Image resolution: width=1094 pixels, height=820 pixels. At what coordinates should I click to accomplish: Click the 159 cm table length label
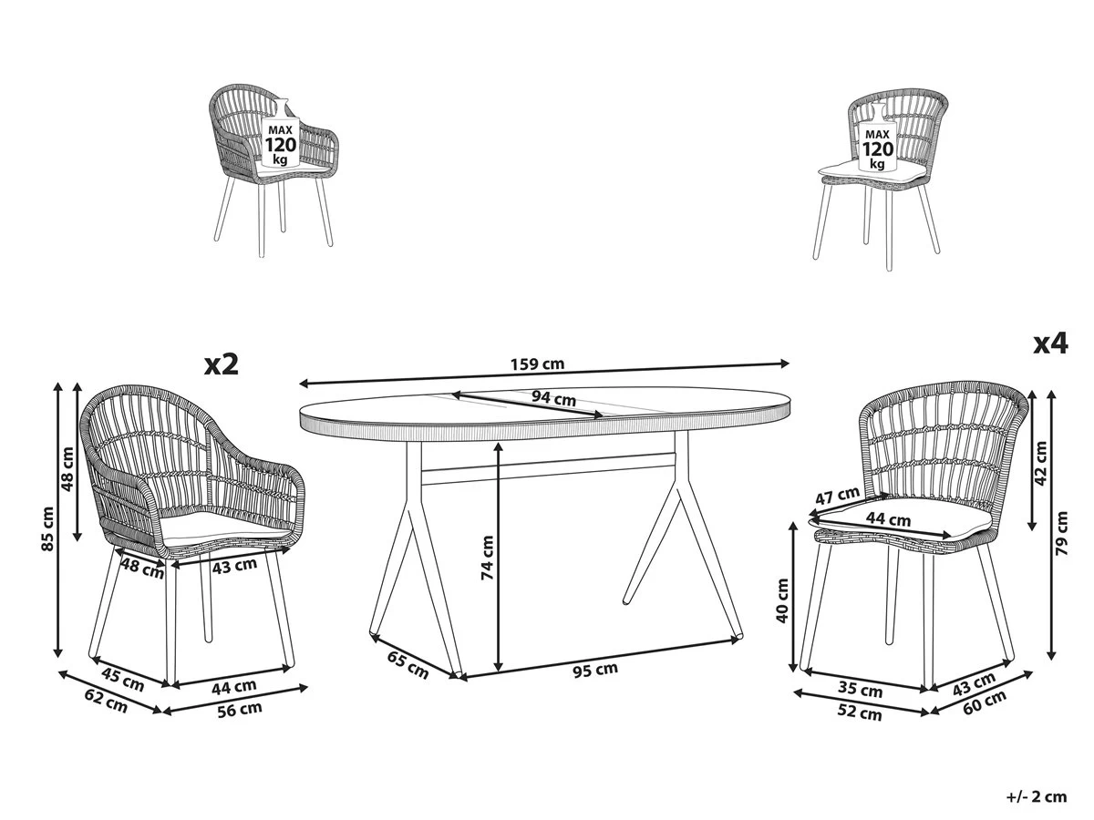pos(537,364)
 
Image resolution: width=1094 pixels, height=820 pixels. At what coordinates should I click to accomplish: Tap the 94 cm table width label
pos(553,398)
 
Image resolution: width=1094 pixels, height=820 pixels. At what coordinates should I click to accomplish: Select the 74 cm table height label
pos(487,557)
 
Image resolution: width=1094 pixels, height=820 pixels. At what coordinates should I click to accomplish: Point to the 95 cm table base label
pos(595,671)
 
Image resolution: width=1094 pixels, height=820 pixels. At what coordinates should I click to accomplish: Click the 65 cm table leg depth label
pos(408,665)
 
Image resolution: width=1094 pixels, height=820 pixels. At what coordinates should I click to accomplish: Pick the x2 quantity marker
pos(222,365)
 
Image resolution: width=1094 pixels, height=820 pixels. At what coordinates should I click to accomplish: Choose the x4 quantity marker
pos(1051,343)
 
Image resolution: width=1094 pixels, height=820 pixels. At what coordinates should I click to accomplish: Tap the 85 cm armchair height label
pos(47,528)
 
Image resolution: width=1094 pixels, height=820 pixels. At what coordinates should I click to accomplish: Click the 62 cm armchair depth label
pos(106,701)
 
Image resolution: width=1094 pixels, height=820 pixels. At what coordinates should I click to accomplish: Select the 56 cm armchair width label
pos(239,710)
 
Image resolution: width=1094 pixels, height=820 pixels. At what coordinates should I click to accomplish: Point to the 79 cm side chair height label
pos(1061,533)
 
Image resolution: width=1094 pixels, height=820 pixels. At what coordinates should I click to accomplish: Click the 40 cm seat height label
pos(782,600)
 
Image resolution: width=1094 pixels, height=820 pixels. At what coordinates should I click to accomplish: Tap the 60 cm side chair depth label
pos(985,702)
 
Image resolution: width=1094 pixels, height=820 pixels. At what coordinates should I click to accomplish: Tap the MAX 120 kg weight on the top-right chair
pos(878,149)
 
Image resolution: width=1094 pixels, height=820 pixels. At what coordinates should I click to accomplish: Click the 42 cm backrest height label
pos(1041,463)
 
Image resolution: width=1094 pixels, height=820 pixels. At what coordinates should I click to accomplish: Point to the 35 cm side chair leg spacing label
pos(860,689)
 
